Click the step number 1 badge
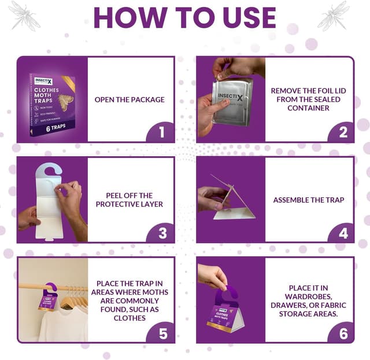162,132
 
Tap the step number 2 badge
343,132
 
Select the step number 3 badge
162,233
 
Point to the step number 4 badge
343,233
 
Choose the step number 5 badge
162,333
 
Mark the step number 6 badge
343,333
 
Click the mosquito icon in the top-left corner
24,15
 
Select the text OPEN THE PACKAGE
129,99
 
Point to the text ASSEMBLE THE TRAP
309,200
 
